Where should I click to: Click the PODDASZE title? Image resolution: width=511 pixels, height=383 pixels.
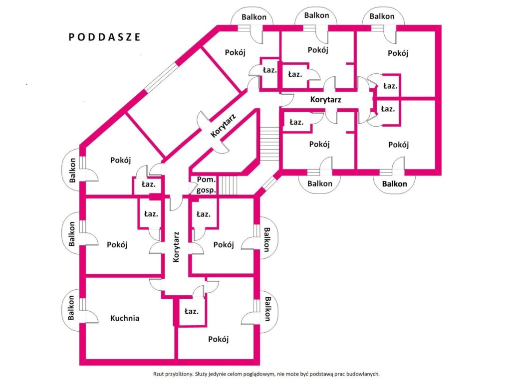[104, 37]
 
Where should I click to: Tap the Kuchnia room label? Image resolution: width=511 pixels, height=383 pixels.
[125, 318]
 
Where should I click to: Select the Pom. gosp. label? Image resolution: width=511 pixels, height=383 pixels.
[206, 185]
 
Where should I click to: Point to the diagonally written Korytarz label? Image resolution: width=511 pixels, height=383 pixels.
[223, 125]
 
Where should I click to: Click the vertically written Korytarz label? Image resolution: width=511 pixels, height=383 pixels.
[176, 247]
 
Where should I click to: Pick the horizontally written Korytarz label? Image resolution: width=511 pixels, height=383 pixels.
[325, 100]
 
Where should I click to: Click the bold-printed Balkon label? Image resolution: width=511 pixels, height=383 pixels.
[394, 184]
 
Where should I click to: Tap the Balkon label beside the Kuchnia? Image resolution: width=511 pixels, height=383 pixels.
[71, 308]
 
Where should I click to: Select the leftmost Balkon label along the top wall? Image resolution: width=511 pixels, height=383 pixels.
[254, 17]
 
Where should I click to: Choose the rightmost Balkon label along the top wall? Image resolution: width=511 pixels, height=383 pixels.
[382, 16]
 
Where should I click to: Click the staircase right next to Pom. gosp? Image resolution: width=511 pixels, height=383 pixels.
[228, 185]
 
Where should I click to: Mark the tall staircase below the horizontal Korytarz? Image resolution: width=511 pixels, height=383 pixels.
[269, 144]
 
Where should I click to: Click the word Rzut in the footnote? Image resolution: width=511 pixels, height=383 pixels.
[158, 374]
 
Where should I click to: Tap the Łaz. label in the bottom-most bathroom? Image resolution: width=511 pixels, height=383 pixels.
[191, 311]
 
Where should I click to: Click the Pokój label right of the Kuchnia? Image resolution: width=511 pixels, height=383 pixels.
[219, 339]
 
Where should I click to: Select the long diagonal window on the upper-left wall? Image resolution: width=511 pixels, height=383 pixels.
[162, 77]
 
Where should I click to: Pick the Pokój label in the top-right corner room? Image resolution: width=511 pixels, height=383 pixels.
[398, 53]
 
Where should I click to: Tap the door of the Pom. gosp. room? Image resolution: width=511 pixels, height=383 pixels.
[193, 188]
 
